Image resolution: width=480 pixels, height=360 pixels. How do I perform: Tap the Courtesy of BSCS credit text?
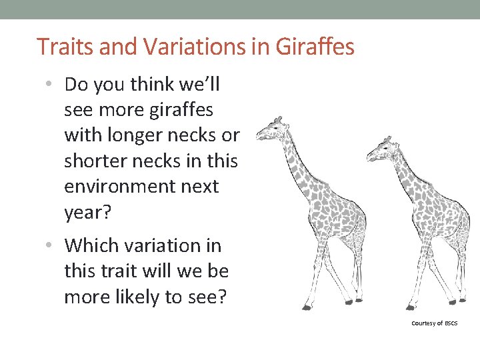[435, 323]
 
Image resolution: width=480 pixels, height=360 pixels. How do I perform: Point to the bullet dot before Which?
[51, 246]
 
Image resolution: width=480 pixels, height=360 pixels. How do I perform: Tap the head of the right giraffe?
[379, 148]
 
